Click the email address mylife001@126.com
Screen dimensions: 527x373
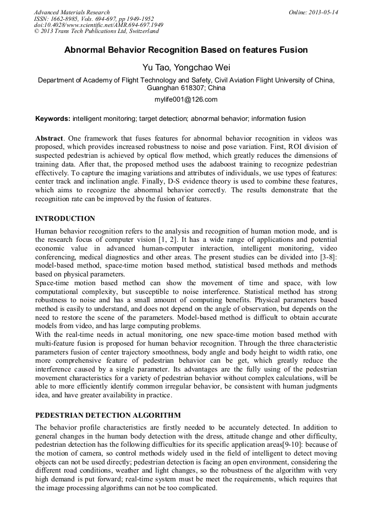186,99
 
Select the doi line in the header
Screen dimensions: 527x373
98,25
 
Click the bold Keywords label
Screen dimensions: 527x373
53,119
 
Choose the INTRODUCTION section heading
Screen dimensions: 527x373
65,219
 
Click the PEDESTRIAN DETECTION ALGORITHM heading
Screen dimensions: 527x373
107,415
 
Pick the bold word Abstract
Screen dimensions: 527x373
50,138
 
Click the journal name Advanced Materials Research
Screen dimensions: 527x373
72,12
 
